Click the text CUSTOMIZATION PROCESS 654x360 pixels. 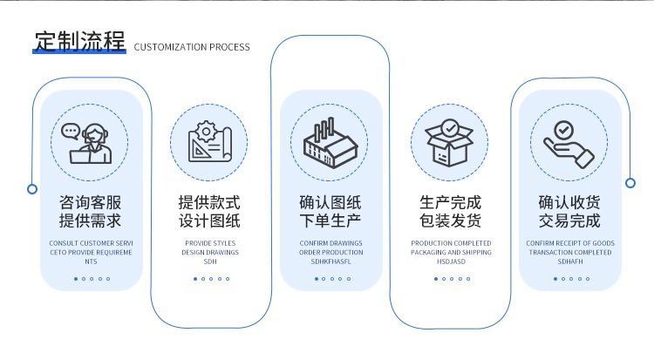(x=192, y=47)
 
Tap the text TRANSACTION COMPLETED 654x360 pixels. (x=570, y=252)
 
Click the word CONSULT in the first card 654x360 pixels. (x=64, y=243)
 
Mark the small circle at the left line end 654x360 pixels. (x=32, y=188)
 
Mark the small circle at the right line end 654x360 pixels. (x=630, y=183)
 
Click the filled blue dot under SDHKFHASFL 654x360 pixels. (x=316, y=279)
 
